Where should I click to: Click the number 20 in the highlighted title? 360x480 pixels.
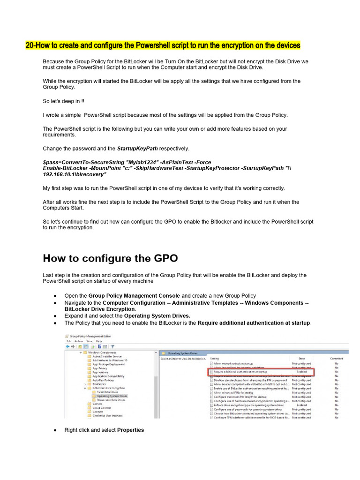29,45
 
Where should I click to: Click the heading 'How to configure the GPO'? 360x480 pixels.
110,258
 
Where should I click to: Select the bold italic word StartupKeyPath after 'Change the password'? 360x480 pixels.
137,149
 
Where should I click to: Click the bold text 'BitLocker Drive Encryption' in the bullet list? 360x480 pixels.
100,309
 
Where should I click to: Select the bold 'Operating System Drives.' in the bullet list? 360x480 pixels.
157,316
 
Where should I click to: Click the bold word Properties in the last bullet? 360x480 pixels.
130,430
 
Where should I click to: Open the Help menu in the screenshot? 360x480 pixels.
99,341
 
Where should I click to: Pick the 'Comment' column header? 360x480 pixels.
337,358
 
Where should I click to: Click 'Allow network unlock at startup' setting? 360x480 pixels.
233,363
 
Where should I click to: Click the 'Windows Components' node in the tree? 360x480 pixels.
103,352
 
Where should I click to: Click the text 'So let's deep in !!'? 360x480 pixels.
63,101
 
